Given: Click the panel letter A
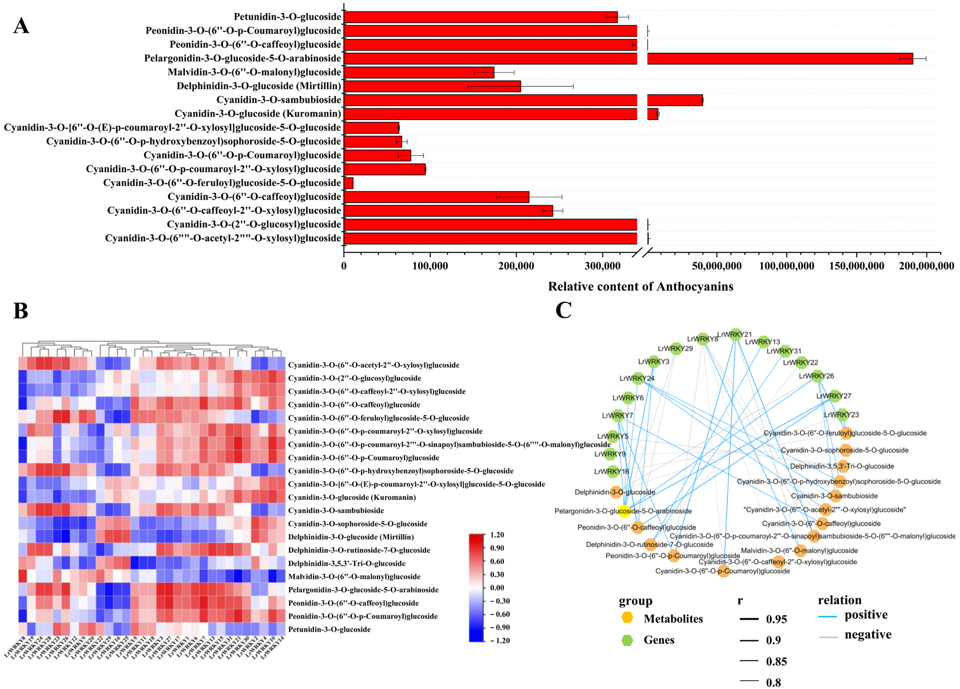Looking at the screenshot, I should click(21, 26).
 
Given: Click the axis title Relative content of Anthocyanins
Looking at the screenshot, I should click(640, 287).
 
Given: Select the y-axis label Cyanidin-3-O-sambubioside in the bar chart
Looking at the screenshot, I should click(279, 100).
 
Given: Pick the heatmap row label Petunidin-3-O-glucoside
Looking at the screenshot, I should click(329, 629).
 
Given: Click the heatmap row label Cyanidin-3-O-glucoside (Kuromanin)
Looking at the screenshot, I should click(352, 498).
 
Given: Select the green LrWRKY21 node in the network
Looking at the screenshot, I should click(736, 334).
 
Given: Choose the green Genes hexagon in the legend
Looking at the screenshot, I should click(627, 640).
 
